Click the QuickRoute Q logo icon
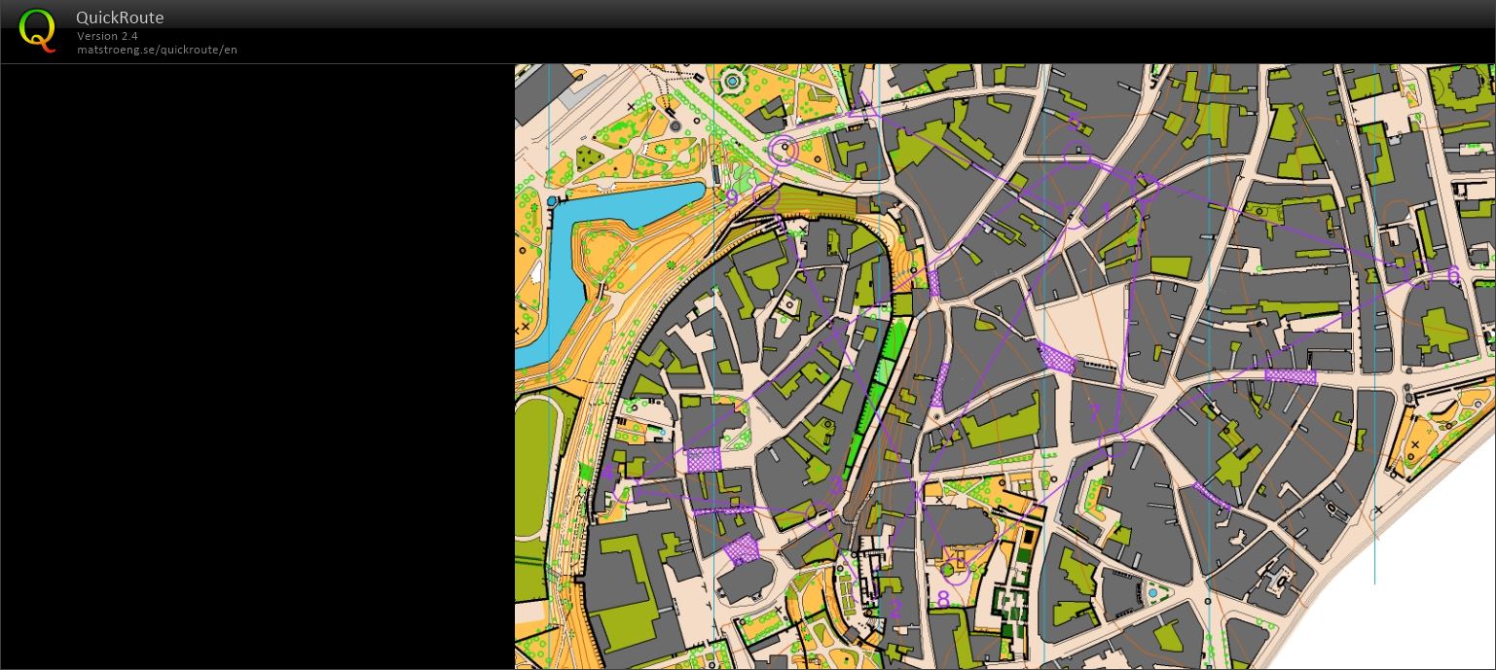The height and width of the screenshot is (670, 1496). click(37, 30)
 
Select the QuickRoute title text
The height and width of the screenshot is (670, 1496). click(120, 18)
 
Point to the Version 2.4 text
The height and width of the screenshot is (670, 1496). click(107, 36)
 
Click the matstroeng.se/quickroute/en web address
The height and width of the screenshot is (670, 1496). click(157, 50)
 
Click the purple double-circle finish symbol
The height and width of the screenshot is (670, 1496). click(783, 151)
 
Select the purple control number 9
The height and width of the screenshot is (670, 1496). click(733, 198)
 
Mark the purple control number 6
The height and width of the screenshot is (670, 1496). click(1453, 275)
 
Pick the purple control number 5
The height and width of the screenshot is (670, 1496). click(1075, 122)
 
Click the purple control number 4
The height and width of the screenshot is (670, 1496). click(608, 474)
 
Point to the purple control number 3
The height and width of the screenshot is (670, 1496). click(837, 486)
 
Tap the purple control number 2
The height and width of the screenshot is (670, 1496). click(895, 609)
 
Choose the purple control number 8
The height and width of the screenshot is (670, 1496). click(942, 599)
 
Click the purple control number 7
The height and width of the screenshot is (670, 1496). click(1094, 413)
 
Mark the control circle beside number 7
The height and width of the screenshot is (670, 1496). click(1113, 444)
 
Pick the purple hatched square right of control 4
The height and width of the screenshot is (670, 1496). click(704, 459)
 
